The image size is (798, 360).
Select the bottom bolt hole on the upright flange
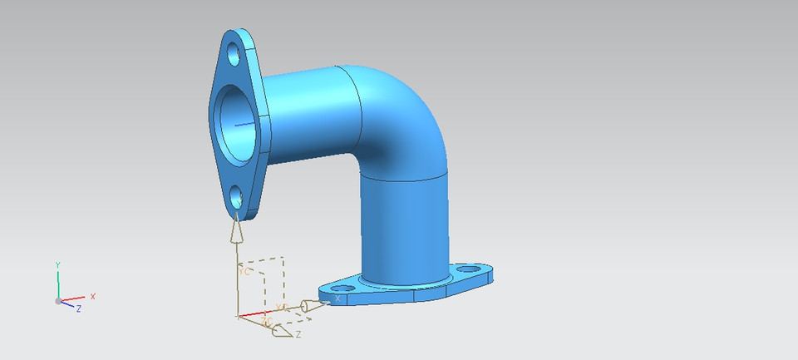tap(236, 198)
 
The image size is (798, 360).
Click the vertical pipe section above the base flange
tap(403, 224)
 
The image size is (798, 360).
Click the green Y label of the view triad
tap(57, 264)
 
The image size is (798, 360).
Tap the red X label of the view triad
tap(92, 296)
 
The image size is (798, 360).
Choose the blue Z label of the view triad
tap(78, 308)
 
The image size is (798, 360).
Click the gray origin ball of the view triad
tap(58, 301)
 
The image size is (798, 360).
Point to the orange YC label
tap(244, 271)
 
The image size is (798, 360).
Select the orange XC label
tap(282, 308)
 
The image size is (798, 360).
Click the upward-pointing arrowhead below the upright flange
tap(238, 229)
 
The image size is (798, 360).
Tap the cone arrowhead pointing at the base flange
tap(310, 308)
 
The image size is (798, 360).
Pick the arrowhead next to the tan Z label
tap(281, 332)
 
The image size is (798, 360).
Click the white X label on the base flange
tap(337, 298)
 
